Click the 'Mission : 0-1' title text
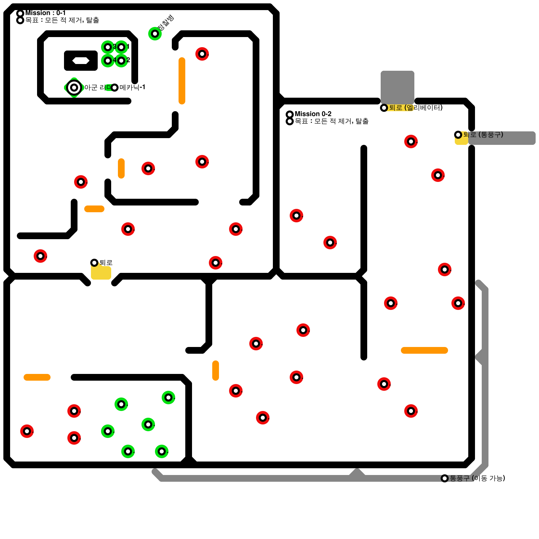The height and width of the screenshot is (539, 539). pyautogui.click(x=45, y=13)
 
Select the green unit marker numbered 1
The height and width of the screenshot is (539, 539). pyautogui.click(x=121, y=47)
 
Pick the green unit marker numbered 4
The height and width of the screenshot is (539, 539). pyautogui.click(x=108, y=61)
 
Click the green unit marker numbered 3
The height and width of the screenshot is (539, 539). pyautogui.click(x=108, y=47)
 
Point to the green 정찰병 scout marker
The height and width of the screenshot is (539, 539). pyautogui.click(x=155, y=34)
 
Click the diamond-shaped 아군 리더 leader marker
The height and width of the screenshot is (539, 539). pyautogui.click(x=74, y=88)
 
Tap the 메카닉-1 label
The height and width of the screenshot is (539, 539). pyautogui.click(x=132, y=88)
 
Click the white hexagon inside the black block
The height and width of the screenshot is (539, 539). pyautogui.click(x=81, y=61)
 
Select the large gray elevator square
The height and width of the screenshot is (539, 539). pyautogui.click(x=398, y=86)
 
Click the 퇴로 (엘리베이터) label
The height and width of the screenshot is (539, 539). pyautogui.click(x=415, y=108)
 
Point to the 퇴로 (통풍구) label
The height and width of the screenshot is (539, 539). pyautogui.click(x=483, y=135)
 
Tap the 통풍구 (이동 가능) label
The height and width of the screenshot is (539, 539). pyautogui.click(x=477, y=478)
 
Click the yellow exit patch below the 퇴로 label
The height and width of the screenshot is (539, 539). pyautogui.click(x=101, y=272)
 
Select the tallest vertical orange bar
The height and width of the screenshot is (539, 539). pyautogui.click(x=182, y=81)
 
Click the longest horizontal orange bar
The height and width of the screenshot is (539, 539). pyautogui.click(x=424, y=350)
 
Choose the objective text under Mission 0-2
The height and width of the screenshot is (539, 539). pyautogui.click(x=331, y=121)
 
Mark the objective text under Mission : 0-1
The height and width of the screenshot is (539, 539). pyautogui.click(x=62, y=20)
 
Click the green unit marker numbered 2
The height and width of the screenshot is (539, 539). pyautogui.click(x=121, y=61)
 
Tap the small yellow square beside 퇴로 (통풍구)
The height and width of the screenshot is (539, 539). pyautogui.click(x=461, y=140)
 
